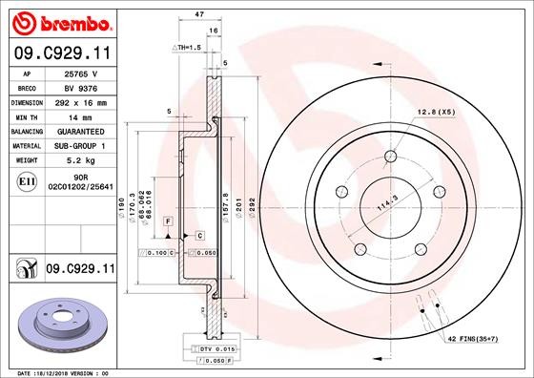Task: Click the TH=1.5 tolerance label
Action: click(186, 47)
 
